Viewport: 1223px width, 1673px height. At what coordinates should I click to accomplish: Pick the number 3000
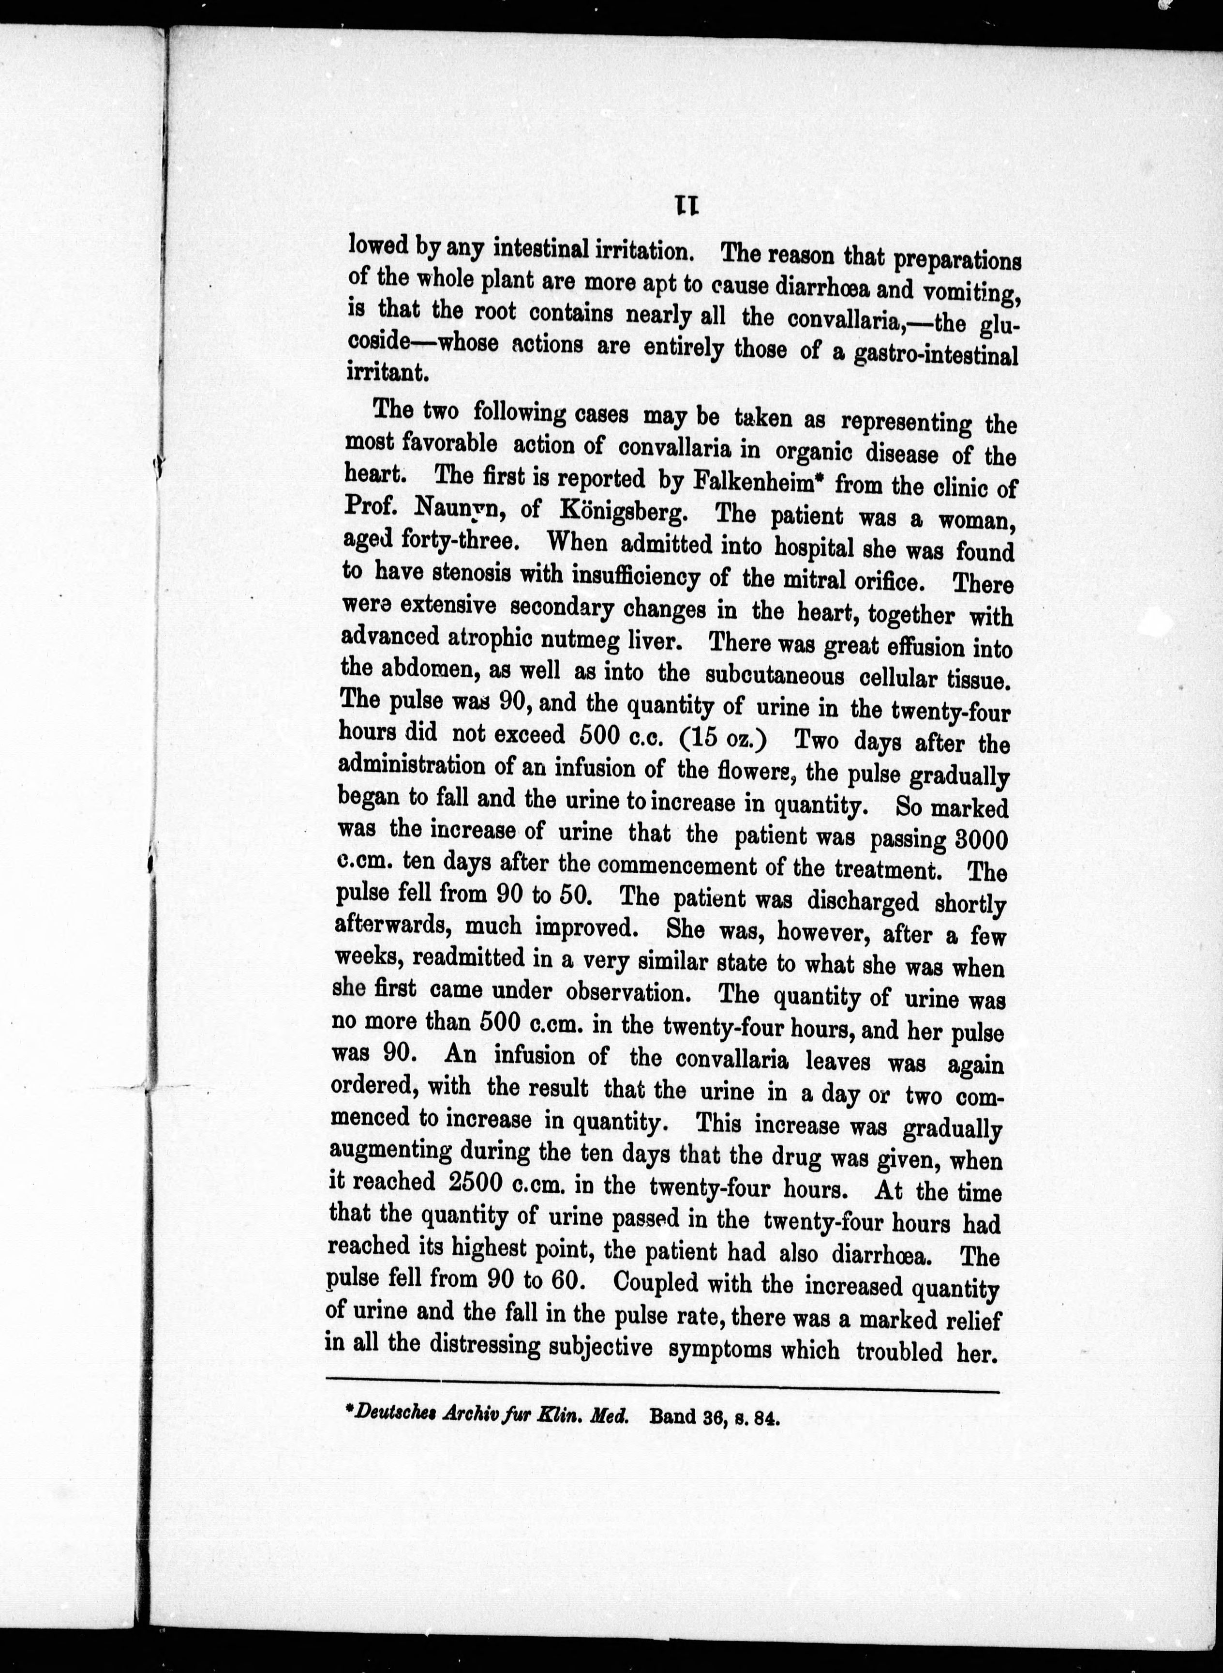coord(982,840)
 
